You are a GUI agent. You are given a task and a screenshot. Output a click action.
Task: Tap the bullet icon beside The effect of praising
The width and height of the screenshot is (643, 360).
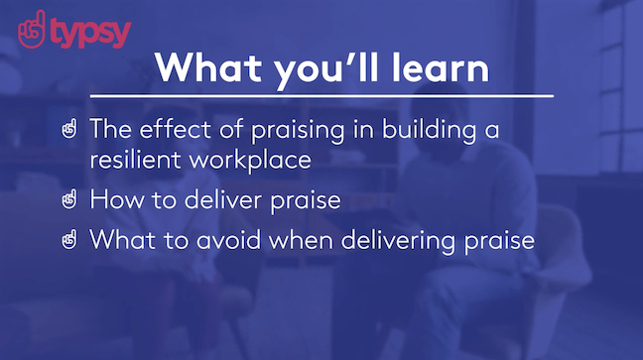click(69, 129)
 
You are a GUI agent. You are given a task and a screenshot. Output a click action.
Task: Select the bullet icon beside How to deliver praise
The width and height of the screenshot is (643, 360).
click(69, 200)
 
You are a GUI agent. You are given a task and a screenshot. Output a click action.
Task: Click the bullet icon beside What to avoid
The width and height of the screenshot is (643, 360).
click(69, 241)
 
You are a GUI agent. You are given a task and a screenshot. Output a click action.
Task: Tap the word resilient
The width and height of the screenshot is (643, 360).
click(130, 160)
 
